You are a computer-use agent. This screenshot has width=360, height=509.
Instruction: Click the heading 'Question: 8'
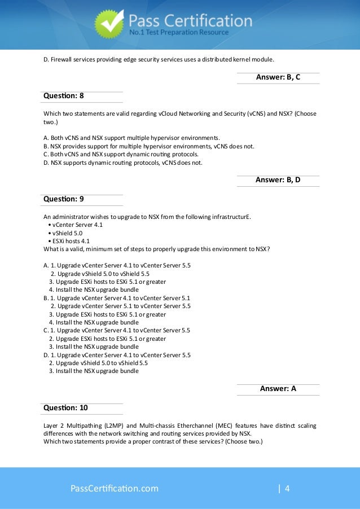coord(64,96)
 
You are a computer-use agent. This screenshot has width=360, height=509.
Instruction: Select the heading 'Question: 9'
coord(64,199)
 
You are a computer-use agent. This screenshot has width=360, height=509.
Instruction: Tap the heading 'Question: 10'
coord(65,407)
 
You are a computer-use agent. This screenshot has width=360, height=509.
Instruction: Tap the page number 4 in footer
coord(287,488)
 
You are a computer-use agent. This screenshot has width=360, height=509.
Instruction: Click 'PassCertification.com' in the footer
coord(114,488)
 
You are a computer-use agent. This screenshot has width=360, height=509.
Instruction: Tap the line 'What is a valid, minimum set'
coord(156,249)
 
